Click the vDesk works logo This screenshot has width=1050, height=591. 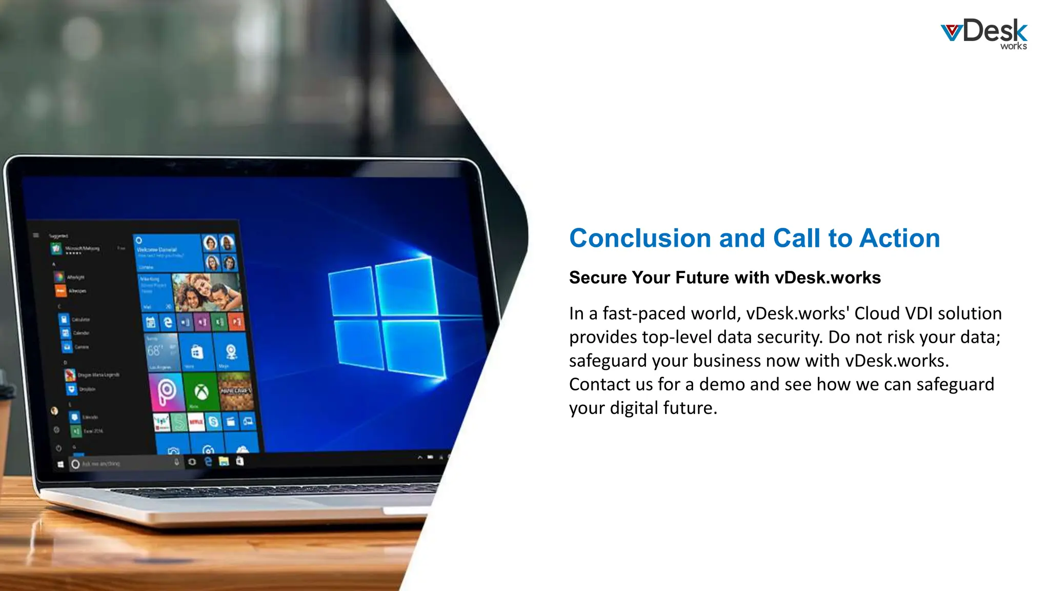[984, 34]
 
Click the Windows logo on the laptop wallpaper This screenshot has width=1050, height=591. [387, 318]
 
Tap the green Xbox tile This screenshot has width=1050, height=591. [201, 392]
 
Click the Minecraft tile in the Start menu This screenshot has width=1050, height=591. [236, 391]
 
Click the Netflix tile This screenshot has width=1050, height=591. [196, 423]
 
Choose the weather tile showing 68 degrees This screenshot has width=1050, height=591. [162, 352]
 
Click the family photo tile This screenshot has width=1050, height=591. [207, 292]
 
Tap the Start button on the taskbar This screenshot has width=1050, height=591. [60, 464]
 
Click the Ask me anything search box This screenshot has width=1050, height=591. [123, 464]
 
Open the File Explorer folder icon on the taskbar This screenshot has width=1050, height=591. [224, 462]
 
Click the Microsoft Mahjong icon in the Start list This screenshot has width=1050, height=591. [56, 249]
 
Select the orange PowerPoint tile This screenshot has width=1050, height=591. [236, 322]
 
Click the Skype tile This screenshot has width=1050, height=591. [214, 422]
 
